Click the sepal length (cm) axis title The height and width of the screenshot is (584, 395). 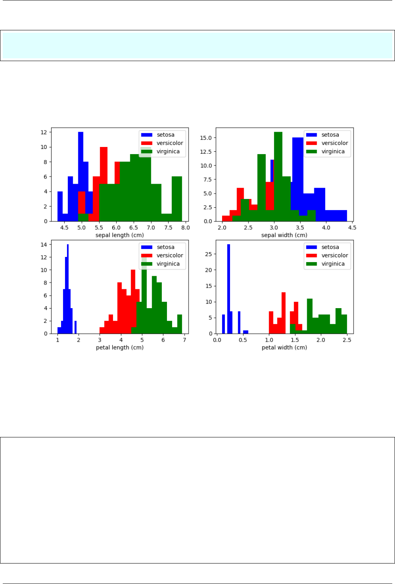(x=120, y=235)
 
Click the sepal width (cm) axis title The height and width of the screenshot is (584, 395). (x=284, y=235)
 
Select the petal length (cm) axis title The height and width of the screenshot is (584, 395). (x=120, y=348)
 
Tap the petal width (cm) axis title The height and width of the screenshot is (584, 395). (x=284, y=348)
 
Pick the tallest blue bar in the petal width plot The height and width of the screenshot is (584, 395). (x=228, y=288)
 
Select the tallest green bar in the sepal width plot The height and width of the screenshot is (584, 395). (x=278, y=173)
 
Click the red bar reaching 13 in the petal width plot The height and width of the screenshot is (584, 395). (x=284, y=311)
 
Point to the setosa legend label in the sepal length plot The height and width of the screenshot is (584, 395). (x=165, y=135)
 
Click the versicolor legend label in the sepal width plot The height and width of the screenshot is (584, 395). (x=335, y=143)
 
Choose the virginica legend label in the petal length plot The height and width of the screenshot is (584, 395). (x=168, y=264)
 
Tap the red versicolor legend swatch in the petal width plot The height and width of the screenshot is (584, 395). (x=312, y=255)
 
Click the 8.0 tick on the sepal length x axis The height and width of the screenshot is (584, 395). (x=185, y=228)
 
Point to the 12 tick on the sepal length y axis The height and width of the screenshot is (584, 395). (x=44, y=132)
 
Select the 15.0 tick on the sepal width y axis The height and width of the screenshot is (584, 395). (x=206, y=138)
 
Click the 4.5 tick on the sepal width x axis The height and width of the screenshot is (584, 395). (x=352, y=228)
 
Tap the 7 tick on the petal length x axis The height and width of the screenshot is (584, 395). (x=184, y=340)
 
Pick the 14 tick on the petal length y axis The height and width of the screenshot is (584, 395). (x=44, y=245)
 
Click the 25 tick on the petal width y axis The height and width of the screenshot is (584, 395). (x=208, y=254)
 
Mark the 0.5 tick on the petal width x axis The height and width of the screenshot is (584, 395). (x=243, y=340)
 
